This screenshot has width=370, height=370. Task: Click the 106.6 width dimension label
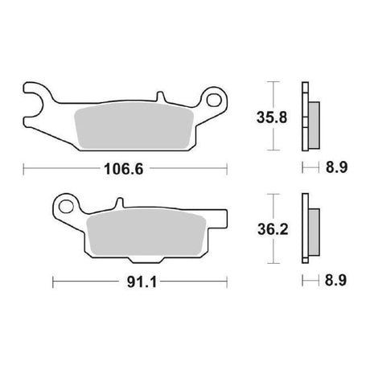[124, 169]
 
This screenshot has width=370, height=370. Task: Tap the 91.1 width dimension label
[142, 282]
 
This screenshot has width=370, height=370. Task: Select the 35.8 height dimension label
[272, 117]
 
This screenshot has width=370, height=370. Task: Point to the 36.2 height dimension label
[273, 230]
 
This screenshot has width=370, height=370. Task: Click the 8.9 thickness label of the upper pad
[336, 167]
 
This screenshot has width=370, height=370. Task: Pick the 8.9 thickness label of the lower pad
[335, 281]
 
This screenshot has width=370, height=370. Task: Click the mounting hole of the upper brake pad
[214, 100]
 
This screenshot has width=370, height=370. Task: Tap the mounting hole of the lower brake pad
[66, 207]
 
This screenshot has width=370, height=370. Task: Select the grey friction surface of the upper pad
[134, 125]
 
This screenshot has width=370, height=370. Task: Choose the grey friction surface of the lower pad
[146, 232]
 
